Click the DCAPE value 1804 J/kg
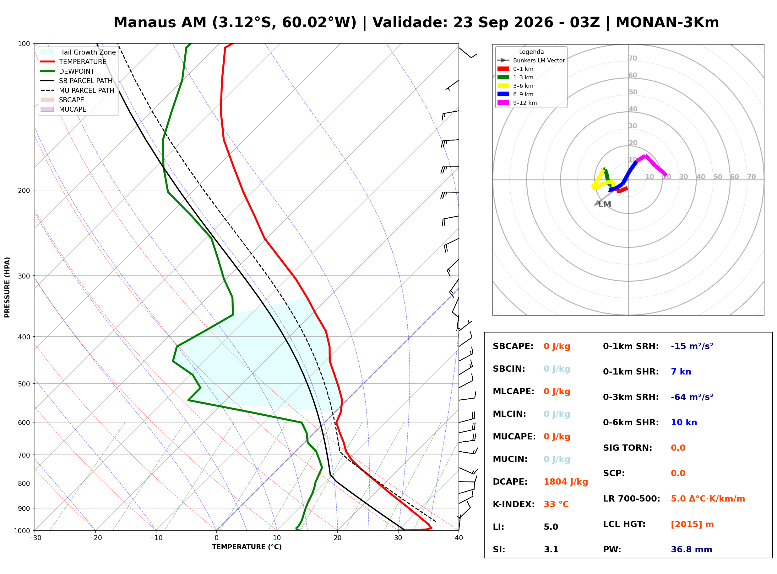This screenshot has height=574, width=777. tap(566, 482)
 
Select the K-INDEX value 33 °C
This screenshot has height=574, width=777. tap(556, 504)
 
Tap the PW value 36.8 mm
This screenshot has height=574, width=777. tap(692, 550)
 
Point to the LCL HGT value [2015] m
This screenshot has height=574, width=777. tap(692, 524)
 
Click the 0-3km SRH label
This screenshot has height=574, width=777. tap(631, 397)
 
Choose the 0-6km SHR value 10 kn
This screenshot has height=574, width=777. tap(684, 423)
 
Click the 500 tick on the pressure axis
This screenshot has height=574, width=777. tap(24, 384)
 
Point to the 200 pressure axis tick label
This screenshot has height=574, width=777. tap(24, 190)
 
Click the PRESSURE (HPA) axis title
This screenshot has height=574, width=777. tap(7, 287)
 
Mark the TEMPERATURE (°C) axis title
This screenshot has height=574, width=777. tap(247, 547)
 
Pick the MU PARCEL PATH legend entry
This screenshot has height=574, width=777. tap(77, 90)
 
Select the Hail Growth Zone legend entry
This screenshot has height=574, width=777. tap(78, 52)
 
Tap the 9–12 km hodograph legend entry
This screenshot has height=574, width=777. tap(517, 103)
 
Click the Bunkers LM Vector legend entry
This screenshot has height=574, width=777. tap(531, 61)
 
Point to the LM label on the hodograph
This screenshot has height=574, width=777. tap(605, 205)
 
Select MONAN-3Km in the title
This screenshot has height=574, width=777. tap(667, 23)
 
